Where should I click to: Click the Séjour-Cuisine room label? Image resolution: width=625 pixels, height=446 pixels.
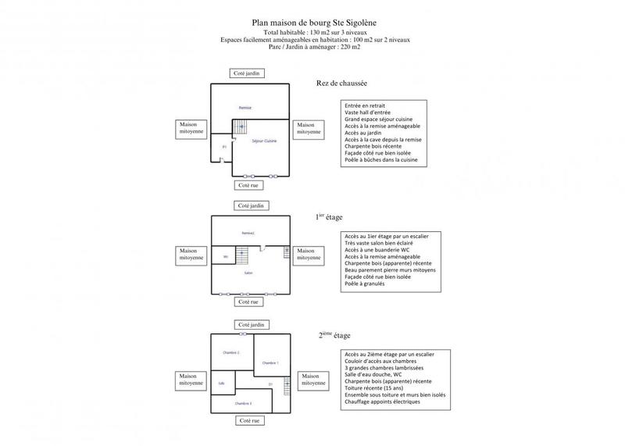(x=264, y=141)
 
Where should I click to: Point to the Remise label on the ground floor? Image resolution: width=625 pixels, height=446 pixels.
(x=245, y=107)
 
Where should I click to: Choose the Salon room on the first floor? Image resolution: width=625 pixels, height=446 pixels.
(x=248, y=273)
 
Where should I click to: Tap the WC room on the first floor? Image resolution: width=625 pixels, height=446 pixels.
(x=226, y=257)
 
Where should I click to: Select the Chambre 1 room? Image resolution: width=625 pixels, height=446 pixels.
(x=270, y=362)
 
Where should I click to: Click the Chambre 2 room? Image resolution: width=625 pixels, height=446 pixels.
(x=232, y=353)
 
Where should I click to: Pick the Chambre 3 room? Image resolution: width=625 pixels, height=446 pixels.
(x=243, y=403)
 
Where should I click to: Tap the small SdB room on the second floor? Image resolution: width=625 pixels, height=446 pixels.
(x=222, y=383)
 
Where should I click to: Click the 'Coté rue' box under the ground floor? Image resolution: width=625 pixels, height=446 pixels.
(x=248, y=185)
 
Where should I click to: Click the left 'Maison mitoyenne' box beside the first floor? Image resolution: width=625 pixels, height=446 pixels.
(x=191, y=254)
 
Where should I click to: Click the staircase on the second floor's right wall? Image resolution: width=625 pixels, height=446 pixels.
(x=287, y=384)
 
